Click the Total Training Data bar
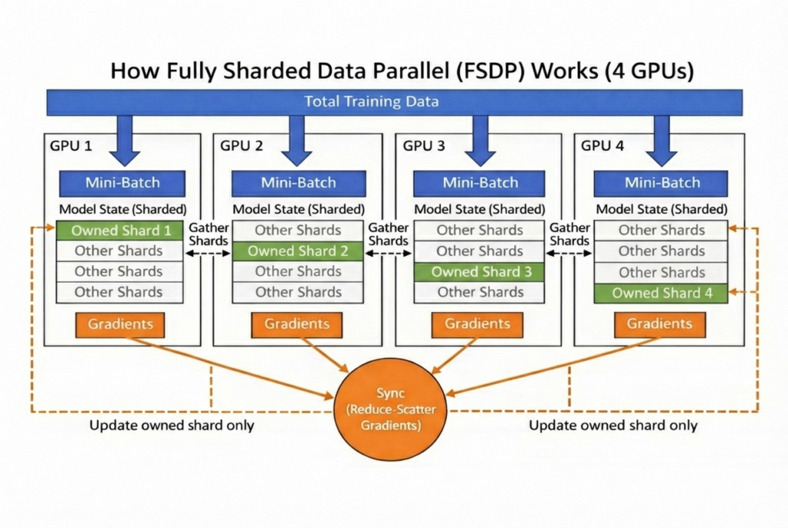[395, 102]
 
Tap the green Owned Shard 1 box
[119, 231]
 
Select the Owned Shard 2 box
[298, 251]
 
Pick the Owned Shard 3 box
[479, 272]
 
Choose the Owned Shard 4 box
[661, 293]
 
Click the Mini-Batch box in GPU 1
[122, 183]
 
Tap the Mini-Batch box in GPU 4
[661, 183]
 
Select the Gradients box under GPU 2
[297, 325]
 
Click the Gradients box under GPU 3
[477, 325]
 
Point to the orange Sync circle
[390, 409]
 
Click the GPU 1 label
[71, 146]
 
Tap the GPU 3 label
[424, 146]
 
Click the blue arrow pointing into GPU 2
[296, 141]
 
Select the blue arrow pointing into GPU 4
[661, 141]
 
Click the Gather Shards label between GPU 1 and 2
[209, 234]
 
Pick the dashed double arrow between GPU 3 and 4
[569, 254]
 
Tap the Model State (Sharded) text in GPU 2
[299, 209]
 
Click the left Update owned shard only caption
[172, 426]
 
